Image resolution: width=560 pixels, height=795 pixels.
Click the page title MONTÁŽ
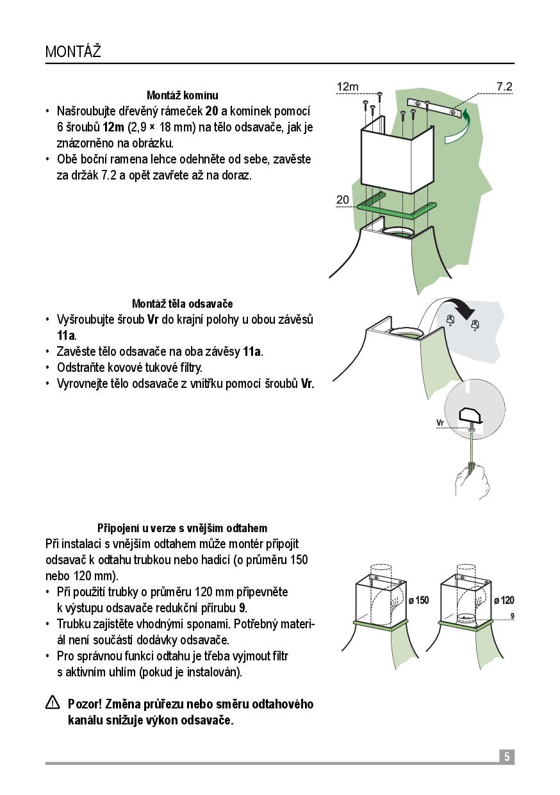click(73, 51)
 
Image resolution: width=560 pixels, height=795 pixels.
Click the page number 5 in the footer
click(506, 757)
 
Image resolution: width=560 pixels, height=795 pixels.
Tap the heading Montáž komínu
click(182, 96)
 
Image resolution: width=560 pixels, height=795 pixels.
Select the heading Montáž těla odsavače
click(182, 303)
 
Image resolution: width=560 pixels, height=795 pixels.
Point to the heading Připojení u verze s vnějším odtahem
click(182, 528)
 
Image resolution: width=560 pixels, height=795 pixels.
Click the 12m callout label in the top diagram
click(347, 87)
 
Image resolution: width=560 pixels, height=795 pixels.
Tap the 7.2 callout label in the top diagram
click(504, 87)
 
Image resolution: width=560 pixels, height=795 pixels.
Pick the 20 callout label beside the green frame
click(343, 200)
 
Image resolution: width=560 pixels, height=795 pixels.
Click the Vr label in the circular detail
click(440, 423)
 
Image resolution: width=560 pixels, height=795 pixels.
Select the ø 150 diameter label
click(418, 600)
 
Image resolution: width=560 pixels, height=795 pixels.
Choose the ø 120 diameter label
click(504, 600)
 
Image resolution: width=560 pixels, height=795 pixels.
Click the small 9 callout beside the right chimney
click(512, 615)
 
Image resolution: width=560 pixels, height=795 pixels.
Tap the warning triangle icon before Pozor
click(53, 703)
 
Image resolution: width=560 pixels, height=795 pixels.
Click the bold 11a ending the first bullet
click(66, 335)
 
